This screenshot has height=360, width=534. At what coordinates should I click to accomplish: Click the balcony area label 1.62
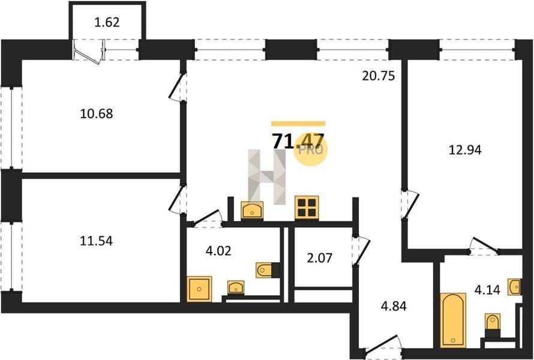[x=107, y=22]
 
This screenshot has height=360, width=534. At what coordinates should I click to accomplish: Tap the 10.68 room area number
[x=97, y=113]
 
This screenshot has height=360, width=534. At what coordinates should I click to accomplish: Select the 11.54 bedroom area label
[x=97, y=241]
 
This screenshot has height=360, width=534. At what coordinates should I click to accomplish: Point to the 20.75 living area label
[x=379, y=76]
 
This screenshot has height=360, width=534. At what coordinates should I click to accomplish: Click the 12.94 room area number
[x=465, y=150]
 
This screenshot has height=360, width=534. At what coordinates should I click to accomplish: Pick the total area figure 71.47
[x=298, y=141]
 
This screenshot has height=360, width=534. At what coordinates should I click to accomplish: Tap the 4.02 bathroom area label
[x=218, y=251]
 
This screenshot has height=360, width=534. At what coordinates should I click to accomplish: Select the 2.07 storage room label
[x=319, y=258]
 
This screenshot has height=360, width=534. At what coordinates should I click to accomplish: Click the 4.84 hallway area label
[x=394, y=306]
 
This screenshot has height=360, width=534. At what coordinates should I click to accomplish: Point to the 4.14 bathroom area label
[x=487, y=290]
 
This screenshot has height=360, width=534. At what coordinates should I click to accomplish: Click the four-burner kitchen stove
[x=306, y=207]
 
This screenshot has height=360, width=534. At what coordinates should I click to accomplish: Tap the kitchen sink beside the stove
[x=252, y=210]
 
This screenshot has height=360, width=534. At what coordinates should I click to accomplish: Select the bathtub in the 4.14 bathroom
[x=452, y=320]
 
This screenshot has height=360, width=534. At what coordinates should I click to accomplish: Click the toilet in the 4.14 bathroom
[x=493, y=322]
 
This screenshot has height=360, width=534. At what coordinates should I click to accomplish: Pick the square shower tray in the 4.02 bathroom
[x=199, y=289]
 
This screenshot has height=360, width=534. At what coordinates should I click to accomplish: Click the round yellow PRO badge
[x=310, y=149]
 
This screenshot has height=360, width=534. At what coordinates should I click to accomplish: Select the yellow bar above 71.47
[x=298, y=124]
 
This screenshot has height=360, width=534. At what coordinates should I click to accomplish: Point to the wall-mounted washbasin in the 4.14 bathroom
[x=514, y=287]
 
